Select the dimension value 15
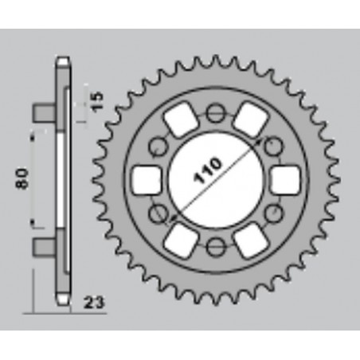[x=96, y=102]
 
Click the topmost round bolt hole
[x=214, y=114]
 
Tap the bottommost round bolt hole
[x=214, y=246]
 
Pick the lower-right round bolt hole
[x=272, y=213]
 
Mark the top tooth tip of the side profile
[x=62, y=61]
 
